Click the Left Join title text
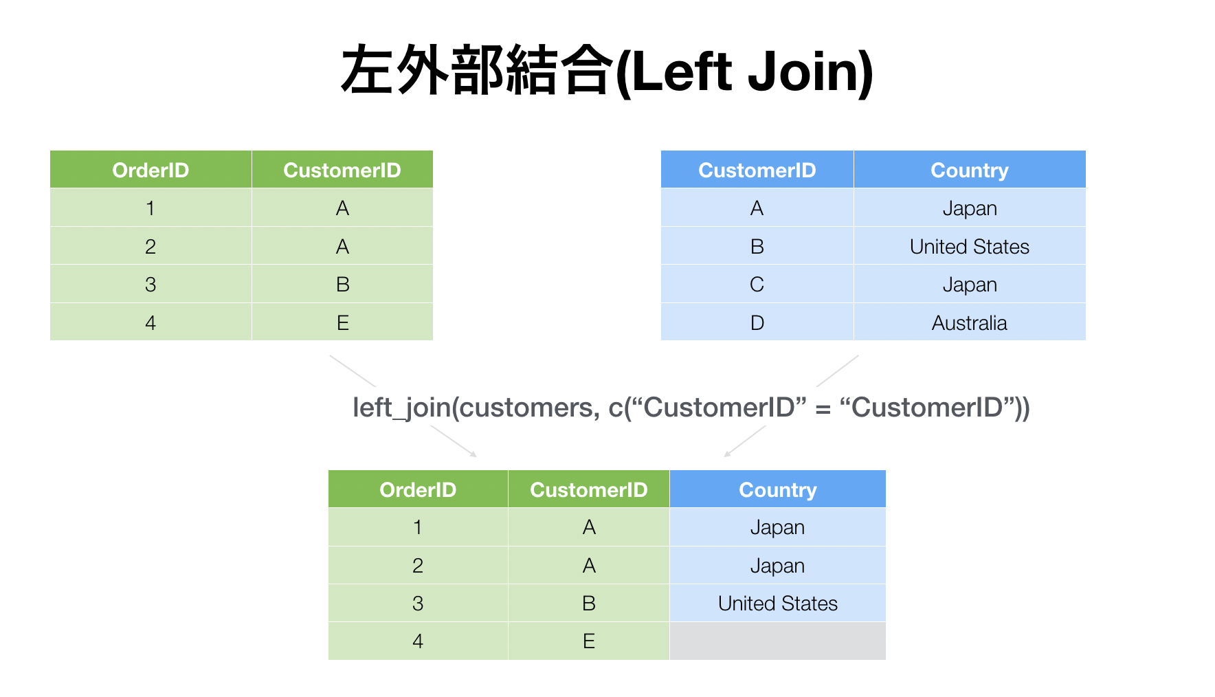pos(607,71)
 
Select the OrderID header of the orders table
pos(151,170)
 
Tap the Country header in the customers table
pos(970,170)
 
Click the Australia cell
pos(970,322)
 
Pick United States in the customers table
pos(970,246)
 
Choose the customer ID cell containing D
pos(757,322)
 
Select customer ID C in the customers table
pos(757,284)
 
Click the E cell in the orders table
pos(343,322)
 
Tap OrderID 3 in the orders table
pos(151,284)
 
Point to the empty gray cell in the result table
pos(778,641)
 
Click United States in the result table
pos(778,603)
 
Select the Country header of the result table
pos(778,489)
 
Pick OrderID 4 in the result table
pos(418,641)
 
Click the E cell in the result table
pos(589,641)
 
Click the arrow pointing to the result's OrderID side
pos(454,441)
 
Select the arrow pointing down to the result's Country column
pos(745,441)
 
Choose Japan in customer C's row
pos(970,285)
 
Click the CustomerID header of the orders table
pos(342,170)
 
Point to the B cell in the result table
pos(589,603)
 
